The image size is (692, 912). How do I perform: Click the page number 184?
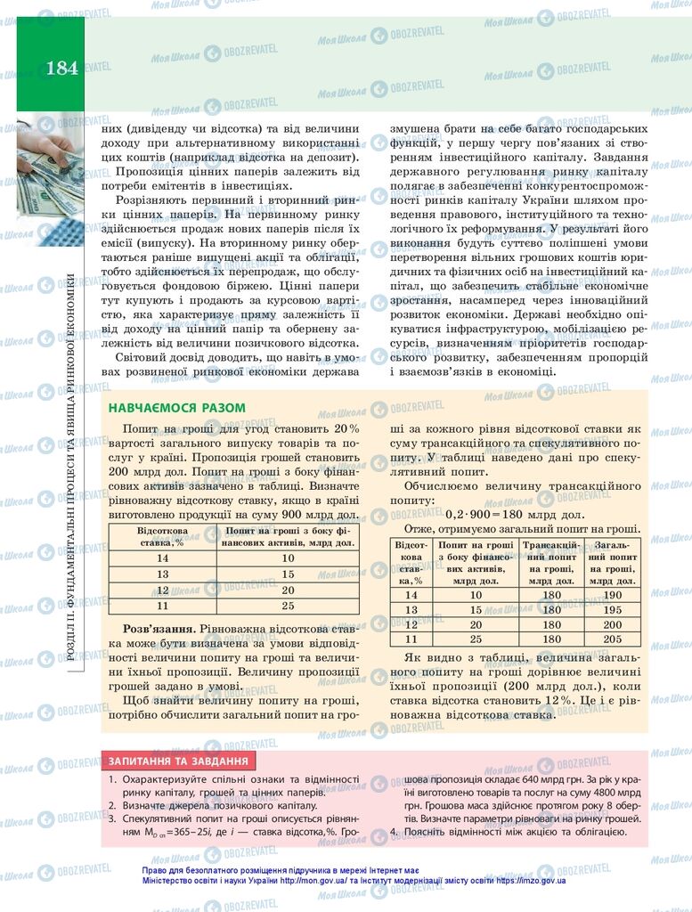61,67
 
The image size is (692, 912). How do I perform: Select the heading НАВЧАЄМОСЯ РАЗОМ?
176,408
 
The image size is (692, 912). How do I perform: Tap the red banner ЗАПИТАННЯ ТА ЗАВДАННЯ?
179,761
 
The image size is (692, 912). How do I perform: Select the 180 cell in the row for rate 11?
551,639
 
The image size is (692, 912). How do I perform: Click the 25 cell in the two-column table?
287,606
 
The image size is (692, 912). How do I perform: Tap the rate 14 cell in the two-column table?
161,558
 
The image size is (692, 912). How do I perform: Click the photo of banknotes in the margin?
50,178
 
